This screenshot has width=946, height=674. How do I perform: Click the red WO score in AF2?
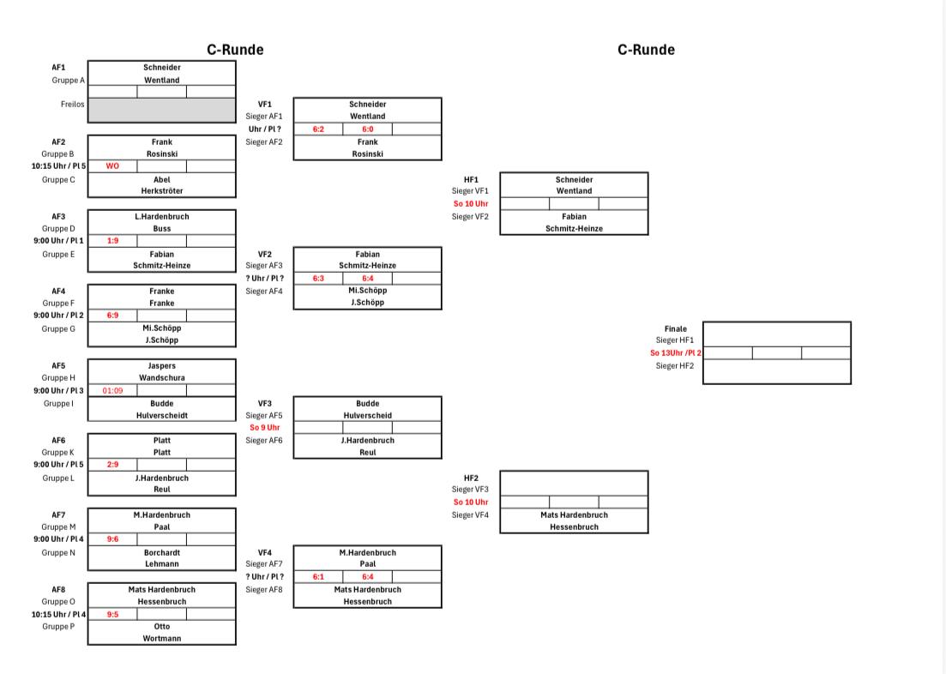(112, 166)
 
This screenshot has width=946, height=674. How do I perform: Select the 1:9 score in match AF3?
(112, 241)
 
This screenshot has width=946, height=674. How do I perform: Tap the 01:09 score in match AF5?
(112, 390)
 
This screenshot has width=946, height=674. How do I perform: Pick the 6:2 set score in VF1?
(318, 129)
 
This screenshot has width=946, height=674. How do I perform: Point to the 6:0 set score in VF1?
(367, 129)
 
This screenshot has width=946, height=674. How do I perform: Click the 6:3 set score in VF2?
(318, 278)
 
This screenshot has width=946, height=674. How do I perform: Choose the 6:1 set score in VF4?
(318, 577)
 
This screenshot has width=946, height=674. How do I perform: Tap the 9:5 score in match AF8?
(112, 614)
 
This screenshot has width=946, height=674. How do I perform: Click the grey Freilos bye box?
(162, 111)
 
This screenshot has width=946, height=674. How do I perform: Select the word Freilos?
(72, 105)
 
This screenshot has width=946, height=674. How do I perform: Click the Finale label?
(676, 329)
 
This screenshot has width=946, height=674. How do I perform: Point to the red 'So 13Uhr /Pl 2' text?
(676, 353)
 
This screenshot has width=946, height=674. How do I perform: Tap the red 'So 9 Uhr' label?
(265, 427)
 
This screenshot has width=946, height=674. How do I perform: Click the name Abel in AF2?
(162, 180)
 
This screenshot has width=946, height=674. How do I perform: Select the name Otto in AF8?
(162, 626)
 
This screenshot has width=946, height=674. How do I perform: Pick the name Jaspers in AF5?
(162, 365)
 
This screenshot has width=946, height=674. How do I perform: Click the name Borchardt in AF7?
(162, 553)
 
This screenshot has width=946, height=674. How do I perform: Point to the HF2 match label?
(471, 478)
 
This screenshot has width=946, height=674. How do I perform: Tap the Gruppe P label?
(58, 626)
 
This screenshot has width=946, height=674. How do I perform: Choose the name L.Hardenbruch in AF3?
(162, 217)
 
